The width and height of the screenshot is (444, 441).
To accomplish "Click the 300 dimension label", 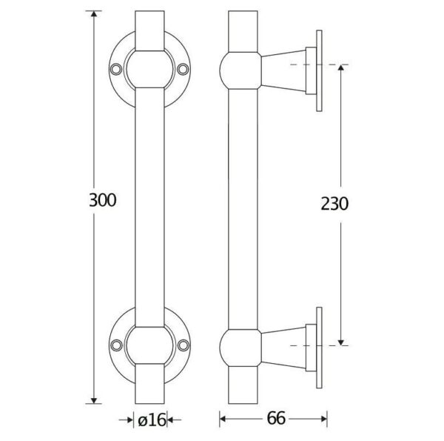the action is coord(103,200).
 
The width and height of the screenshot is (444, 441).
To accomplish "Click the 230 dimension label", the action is coord(334,204).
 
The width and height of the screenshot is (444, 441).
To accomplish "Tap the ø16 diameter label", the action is coord(152,420).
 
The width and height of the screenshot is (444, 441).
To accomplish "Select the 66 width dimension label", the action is coord(276,418).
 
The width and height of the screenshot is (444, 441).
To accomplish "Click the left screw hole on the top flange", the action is coord(116,69).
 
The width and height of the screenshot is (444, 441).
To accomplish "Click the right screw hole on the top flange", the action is coord(184,69).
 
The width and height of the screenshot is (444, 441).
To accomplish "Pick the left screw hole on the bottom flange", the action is coord(116,345).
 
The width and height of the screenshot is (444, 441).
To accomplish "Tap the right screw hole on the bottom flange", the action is coord(184,345).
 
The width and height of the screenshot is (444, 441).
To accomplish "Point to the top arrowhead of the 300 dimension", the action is coord(94,13).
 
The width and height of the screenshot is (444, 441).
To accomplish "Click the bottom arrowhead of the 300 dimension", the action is coord(94,400).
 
